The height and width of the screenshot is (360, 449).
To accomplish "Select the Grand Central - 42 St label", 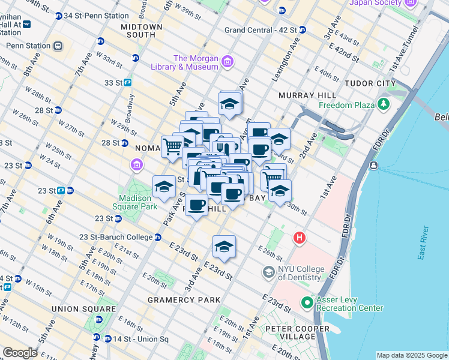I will (261, 29).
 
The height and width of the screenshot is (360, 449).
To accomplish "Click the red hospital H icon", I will (299, 238).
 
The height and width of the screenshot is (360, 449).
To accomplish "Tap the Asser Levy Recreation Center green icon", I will (308, 302).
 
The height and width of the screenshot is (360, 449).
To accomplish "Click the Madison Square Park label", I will (138, 202).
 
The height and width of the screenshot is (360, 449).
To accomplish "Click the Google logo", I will (20, 353).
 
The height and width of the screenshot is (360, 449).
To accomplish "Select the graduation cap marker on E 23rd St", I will (224, 247).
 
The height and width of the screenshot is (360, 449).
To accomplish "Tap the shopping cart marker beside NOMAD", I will (172, 146).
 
